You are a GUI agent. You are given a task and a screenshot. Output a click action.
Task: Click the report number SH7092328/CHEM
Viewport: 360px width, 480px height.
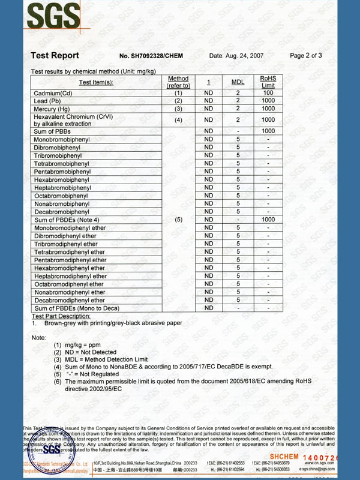[151, 56]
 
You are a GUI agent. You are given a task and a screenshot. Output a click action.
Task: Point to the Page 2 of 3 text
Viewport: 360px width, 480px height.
[305, 55]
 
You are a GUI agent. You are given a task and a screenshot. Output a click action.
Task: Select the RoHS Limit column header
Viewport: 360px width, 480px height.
[268, 82]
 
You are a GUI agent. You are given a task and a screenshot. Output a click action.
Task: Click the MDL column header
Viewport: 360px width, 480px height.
[238, 82]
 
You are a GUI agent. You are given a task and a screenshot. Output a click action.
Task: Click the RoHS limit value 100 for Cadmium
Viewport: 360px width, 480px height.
[268, 93]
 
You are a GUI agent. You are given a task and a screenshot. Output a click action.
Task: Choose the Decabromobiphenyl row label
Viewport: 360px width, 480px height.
[61, 212]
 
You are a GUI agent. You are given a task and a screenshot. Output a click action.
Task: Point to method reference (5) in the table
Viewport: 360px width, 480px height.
[178, 220]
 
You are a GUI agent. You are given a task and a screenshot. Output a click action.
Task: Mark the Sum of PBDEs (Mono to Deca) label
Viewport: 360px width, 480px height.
[76, 308]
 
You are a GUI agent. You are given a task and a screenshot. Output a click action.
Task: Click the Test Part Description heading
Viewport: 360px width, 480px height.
[61, 316]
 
